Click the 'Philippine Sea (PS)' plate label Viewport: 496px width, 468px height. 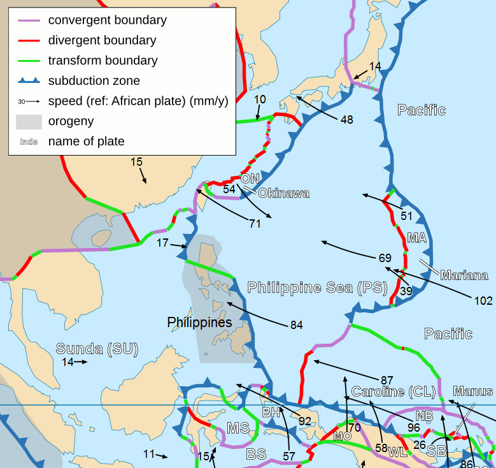[317, 287]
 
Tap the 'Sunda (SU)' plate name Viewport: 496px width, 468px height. [97, 348]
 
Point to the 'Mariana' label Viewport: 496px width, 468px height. [464, 275]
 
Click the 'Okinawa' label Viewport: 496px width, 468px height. [284, 193]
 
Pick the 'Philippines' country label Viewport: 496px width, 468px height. [199, 323]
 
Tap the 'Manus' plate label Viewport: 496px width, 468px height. [472, 391]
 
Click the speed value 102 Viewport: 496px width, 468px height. [483, 300]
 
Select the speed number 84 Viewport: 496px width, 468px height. [296, 325]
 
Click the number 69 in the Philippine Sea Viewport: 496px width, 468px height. [385, 258]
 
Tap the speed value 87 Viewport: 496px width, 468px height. [387, 380]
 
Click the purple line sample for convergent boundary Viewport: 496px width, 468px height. [29, 20]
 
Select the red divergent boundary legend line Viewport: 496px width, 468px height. [29, 40]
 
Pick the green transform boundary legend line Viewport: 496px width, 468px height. [29, 61]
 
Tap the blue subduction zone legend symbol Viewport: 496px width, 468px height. [29, 81]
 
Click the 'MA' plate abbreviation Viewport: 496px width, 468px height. [416, 238]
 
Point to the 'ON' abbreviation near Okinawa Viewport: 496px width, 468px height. [250, 179]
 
